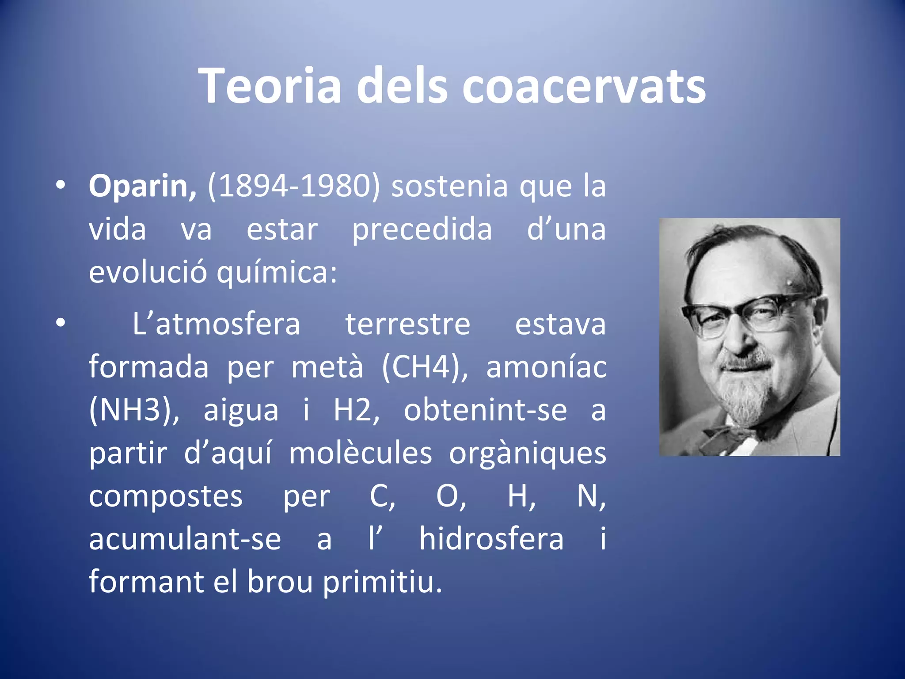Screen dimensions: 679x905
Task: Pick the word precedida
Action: click(422, 229)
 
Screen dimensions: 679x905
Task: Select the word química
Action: click(277, 273)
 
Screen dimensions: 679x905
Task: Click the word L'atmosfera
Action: click(216, 324)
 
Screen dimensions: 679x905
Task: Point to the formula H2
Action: click(356, 410)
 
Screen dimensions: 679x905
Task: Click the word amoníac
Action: click(546, 367)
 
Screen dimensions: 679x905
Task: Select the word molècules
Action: click(361, 453)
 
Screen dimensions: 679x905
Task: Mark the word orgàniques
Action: click(528, 453)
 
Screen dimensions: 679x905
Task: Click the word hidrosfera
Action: click(491, 539)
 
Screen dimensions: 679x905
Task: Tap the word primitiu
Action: click(382, 582)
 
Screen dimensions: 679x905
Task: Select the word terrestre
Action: click(407, 324)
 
